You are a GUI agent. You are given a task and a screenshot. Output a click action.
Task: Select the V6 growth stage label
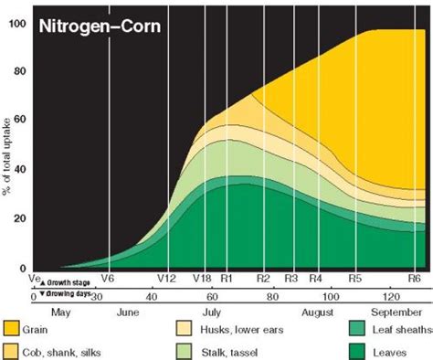click(x=108, y=279)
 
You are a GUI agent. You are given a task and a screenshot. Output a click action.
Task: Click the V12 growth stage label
click(x=165, y=279)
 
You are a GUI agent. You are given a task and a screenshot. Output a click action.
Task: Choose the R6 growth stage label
click(x=412, y=279)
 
